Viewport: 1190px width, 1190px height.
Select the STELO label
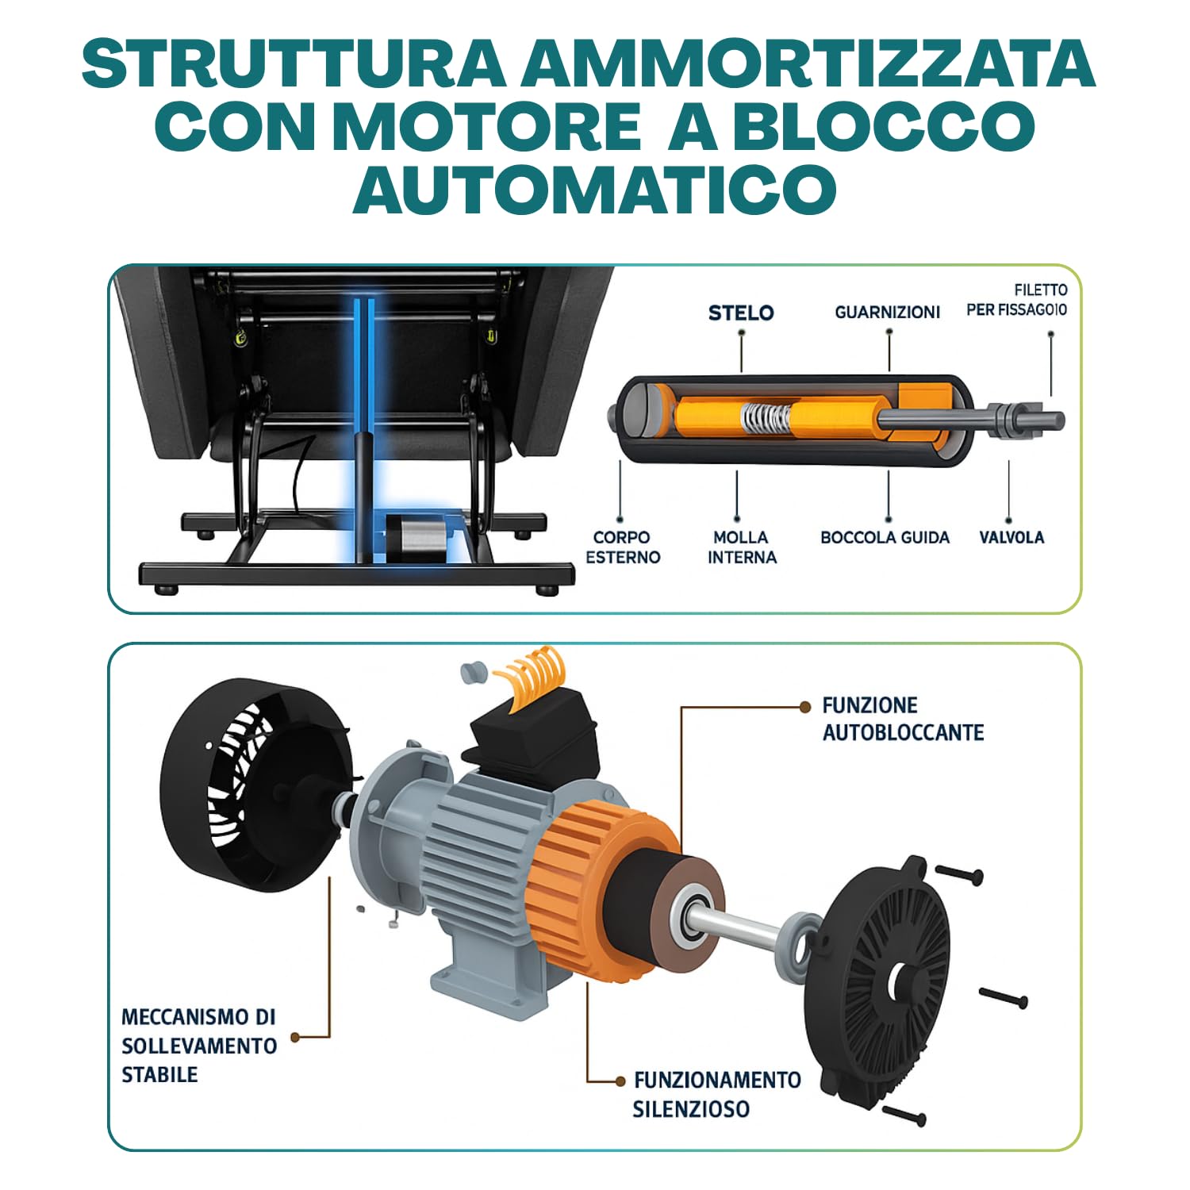pos(741,313)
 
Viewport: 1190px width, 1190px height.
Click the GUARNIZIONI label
pos(887,312)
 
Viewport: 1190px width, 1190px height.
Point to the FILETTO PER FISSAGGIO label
pos(1017,300)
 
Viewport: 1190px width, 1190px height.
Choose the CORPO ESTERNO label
pos(623,547)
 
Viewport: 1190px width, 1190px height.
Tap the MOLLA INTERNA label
pos(742,547)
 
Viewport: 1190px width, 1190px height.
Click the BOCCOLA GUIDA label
pos(885,537)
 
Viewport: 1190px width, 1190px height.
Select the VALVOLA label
pos(1011,537)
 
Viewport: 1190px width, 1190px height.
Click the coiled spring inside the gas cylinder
pos(766,418)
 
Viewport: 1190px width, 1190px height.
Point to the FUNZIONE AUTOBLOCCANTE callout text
pos(903,719)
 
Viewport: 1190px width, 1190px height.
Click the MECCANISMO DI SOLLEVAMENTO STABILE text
pos(199,1046)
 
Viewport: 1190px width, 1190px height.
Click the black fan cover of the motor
pos(254,785)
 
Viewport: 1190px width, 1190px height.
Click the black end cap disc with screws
pos(877,980)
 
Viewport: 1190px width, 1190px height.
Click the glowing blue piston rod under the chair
pos(364,428)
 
